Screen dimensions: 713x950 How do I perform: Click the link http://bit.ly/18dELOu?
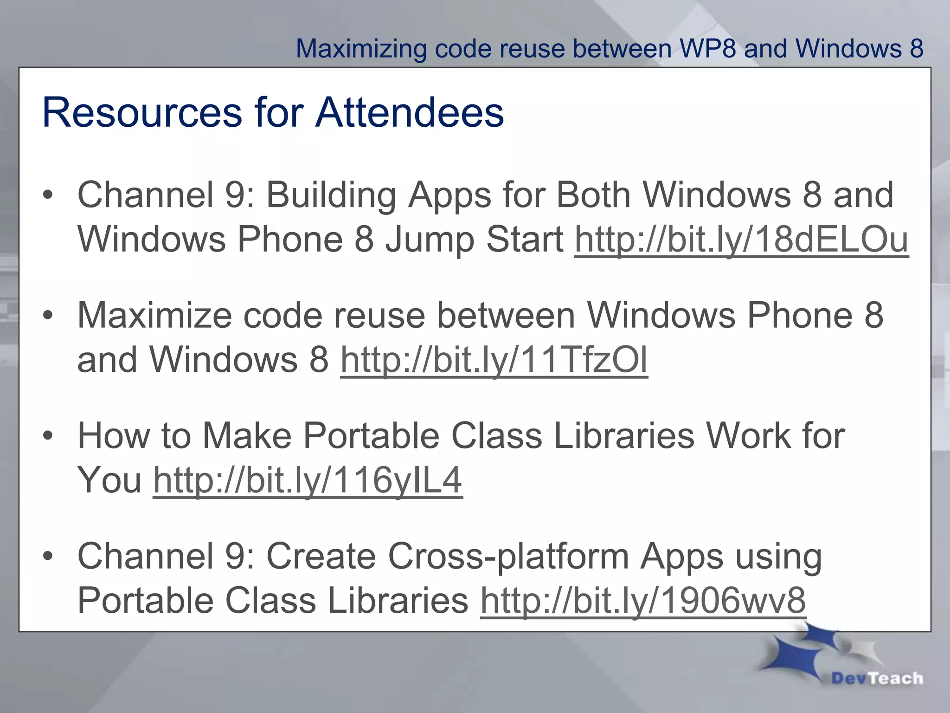(741, 240)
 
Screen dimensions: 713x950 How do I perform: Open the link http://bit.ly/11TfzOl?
(494, 360)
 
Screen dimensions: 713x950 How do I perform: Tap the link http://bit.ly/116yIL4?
(308, 480)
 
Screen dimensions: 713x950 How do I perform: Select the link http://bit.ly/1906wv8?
(643, 600)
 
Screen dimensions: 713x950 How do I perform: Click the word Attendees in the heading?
(410, 112)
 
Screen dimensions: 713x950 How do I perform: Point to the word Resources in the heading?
(142, 112)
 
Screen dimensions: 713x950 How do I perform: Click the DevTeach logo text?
(877, 678)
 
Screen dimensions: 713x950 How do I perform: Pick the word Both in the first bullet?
(594, 194)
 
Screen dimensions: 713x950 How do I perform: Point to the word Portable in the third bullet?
(371, 436)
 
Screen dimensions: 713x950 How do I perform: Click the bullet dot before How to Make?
(48, 437)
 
